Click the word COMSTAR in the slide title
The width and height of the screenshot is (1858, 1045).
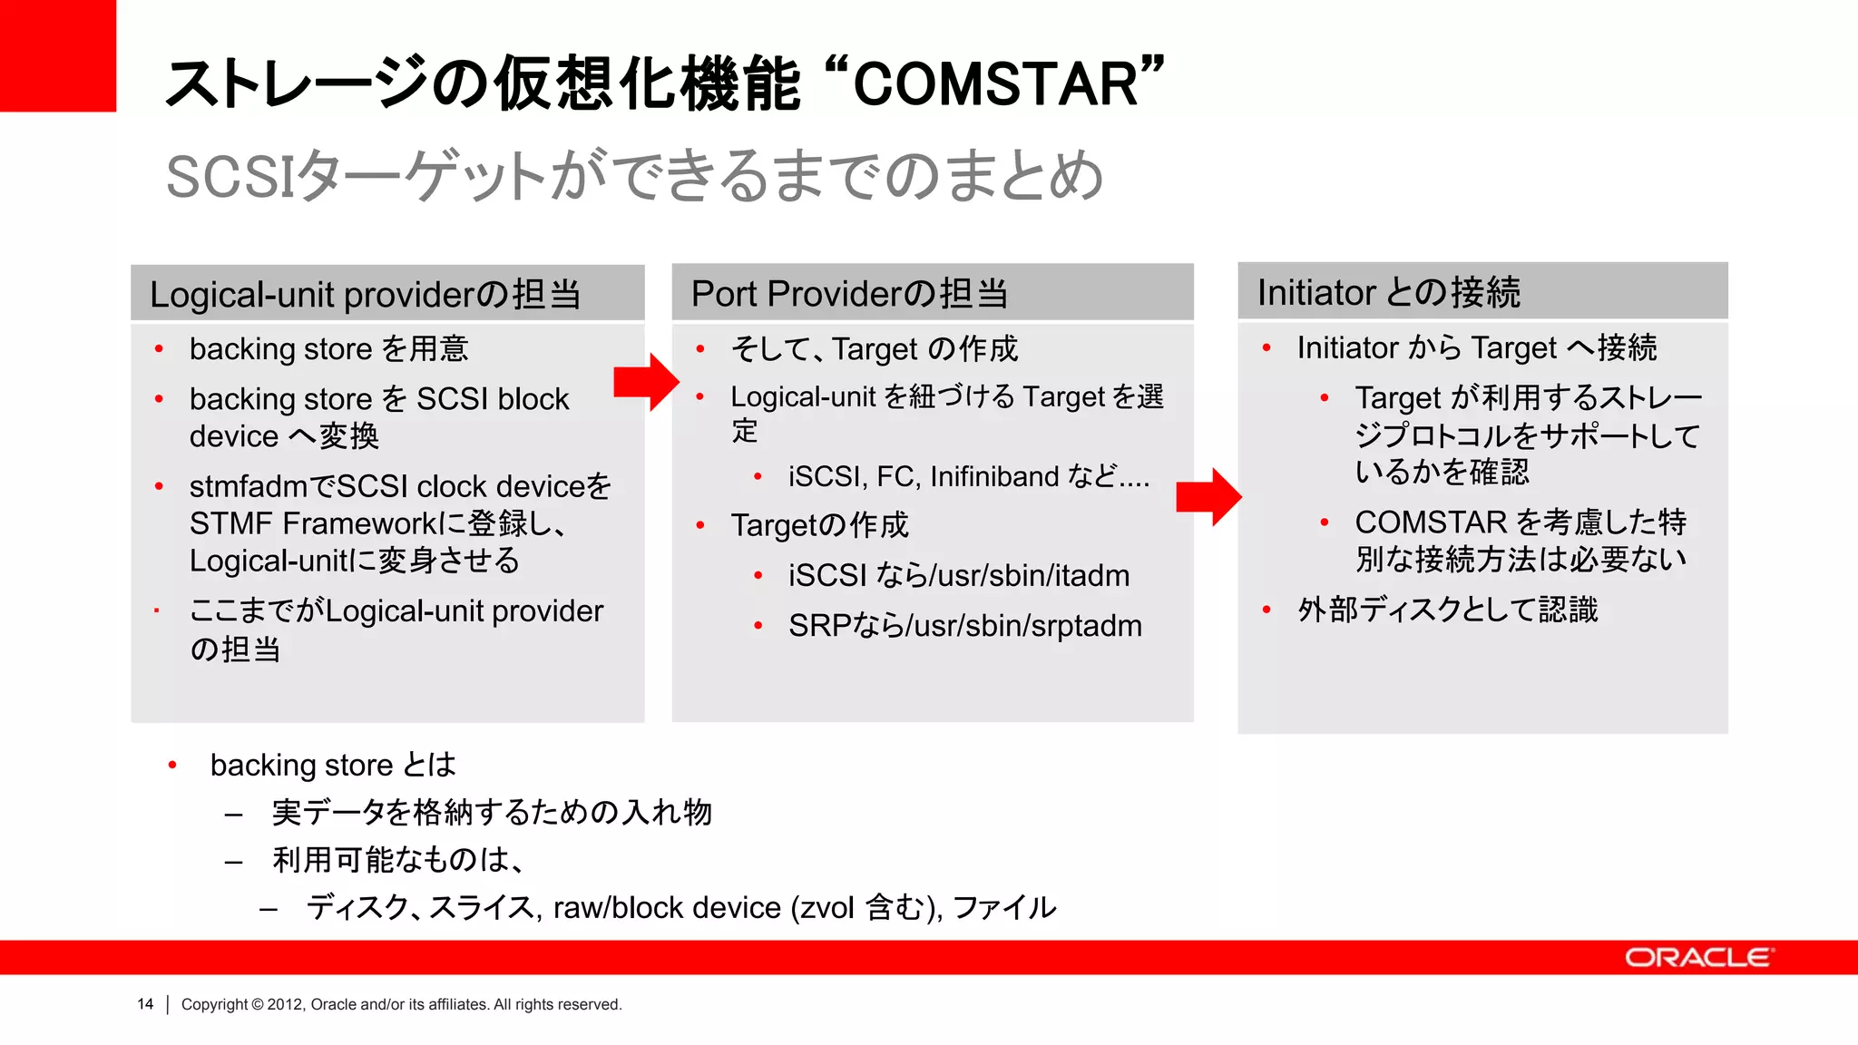(x=995, y=83)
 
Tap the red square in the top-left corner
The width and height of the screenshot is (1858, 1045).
(x=57, y=54)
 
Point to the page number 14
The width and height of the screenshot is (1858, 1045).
(x=145, y=1004)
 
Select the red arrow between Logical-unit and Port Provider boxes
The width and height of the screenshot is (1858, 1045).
(x=646, y=382)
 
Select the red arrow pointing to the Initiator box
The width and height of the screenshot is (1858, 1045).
(x=1208, y=497)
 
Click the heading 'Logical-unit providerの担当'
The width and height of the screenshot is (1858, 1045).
(x=365, y=295)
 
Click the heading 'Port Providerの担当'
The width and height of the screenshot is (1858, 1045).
(x=849, y=294)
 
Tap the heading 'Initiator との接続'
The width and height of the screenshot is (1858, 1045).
(x=1388, y=292)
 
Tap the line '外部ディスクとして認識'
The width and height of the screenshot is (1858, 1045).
(x=1447, y=610)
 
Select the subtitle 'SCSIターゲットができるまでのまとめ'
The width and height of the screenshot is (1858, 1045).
(x=633, y=176)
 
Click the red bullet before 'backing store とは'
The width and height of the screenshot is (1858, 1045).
(x=172, y=766)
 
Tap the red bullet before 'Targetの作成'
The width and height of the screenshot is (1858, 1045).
(x=700, y=525)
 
